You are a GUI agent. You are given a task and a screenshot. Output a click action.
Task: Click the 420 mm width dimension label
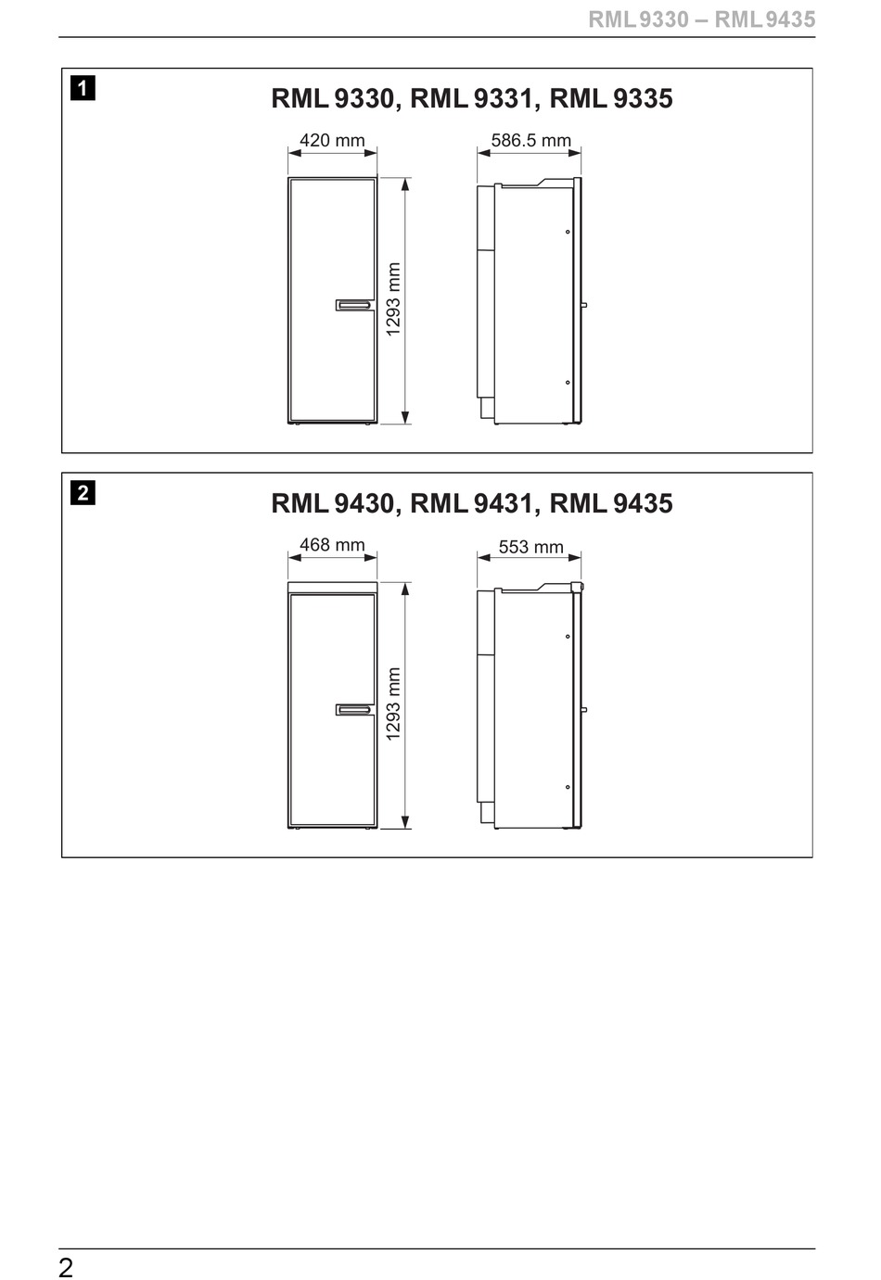click(332, 140)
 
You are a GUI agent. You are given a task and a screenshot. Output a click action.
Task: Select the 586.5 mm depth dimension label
click(531, 140)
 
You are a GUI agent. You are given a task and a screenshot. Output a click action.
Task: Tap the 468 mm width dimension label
click(332, 545)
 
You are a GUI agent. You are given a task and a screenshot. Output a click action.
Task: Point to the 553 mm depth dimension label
click(531, 547)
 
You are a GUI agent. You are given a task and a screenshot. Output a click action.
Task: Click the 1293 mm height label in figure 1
click(393, 299)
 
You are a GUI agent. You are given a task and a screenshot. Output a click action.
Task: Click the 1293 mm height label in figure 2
click(393, 704)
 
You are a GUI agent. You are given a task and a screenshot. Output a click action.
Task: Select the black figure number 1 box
click(83, 88)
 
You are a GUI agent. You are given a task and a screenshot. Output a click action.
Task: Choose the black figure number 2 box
click(83, 492)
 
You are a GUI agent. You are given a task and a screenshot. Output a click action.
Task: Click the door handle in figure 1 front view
click(354, 305)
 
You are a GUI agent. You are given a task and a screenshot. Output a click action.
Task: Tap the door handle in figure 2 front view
click(354, 710)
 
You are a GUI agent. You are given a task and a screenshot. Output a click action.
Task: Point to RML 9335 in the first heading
click(611, 99)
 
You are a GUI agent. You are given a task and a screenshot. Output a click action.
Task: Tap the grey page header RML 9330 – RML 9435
click(701, 20)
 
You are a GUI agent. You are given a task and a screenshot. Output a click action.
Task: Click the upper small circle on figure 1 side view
click(568, 232)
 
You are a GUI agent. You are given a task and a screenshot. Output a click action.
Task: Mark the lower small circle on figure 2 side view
click(568, 787)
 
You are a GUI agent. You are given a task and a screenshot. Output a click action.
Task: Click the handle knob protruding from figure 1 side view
click(584, 305)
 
